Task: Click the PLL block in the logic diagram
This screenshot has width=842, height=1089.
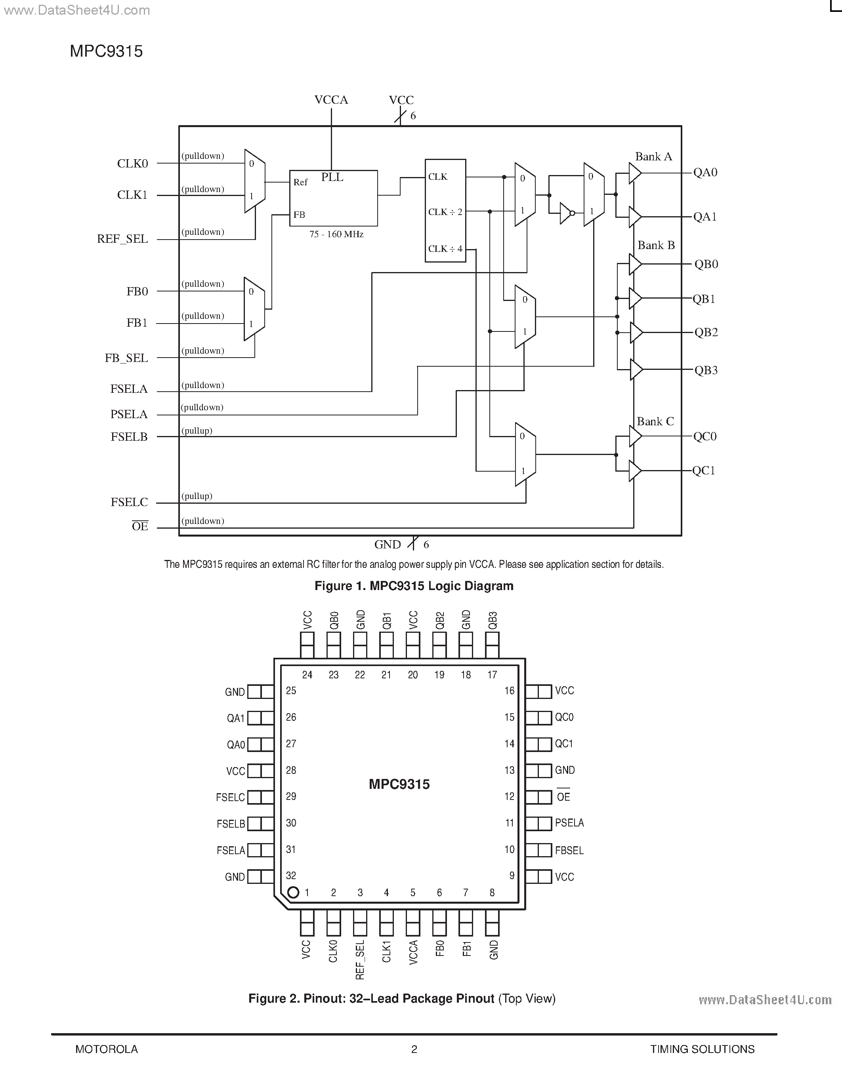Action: [x=333, y=198]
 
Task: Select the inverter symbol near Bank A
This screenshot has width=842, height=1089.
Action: [x=566, y=213]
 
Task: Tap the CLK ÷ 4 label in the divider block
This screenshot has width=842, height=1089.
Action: [x=445, y=248]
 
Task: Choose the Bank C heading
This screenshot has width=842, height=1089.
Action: [x=655, y=421]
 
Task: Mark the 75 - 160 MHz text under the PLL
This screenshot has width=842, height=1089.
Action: [x=336, y=234]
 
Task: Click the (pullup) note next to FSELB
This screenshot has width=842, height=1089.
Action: [x=197, y=430]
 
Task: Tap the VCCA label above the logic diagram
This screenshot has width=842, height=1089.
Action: [x=331, y=100]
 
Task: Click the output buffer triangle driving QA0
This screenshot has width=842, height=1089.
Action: [x=634, y=173]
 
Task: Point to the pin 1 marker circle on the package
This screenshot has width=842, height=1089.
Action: [x=293, y=892]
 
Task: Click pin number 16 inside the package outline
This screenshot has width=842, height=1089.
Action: [x=509, y=691]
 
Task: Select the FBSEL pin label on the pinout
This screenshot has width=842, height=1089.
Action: [x=569, y=850]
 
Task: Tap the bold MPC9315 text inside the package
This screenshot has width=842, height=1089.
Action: [x=399, y=784]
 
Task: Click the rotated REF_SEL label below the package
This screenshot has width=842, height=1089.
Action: [x=360, y=960]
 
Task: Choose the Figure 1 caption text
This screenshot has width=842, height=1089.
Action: [x=414, y=586]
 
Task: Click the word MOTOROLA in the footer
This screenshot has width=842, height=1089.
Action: [x=106, y=1049]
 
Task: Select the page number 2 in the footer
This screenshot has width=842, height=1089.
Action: [x=414, y=1049]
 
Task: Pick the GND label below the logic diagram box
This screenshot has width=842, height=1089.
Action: [x=388, y=544]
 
